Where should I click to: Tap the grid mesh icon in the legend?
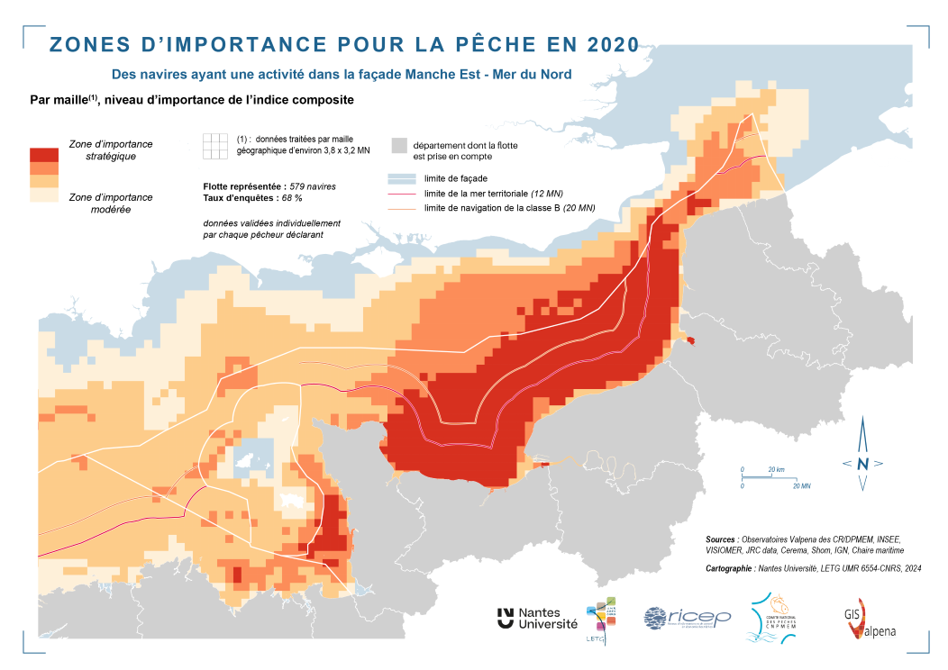(215, 146)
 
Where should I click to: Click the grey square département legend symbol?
(400, 146)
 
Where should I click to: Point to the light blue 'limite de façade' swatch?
(400, 178)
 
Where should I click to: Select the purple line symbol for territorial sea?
(400, 194)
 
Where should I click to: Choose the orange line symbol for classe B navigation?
(400, 208)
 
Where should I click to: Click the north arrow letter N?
(862, 464)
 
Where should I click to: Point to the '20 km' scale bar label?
(777, 470)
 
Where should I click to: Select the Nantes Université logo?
(537, 618)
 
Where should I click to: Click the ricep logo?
(687, 618)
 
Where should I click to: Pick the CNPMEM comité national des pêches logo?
(770, 618)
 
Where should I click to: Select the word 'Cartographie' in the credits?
(734, 568)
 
